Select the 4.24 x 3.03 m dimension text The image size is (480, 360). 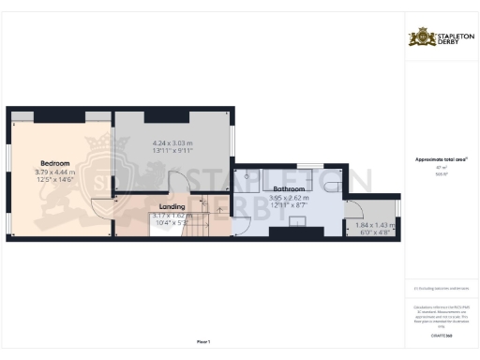[172, 143]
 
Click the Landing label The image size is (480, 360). [172, 206]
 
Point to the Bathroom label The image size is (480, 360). [288, 189]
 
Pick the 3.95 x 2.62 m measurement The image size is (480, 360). [288, 198]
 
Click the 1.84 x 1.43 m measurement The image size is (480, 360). [375, 225]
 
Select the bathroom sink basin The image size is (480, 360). [297, 221]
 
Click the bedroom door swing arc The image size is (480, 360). [101, 212]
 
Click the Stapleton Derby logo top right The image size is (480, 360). [442, 37]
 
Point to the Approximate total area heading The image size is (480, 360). [442, 159]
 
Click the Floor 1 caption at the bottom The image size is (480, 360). [202, 340]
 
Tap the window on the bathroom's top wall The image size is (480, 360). [303, 166]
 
